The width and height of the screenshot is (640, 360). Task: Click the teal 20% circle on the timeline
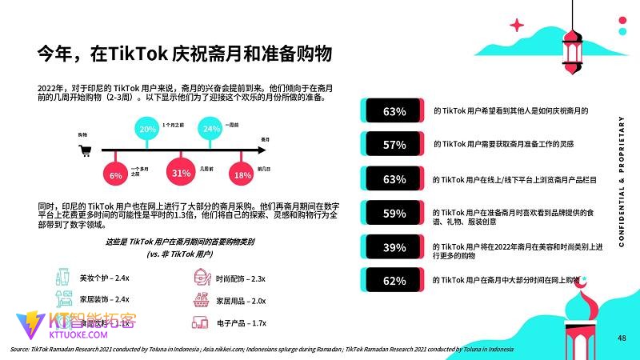148,130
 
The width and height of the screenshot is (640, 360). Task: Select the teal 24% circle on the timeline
211,129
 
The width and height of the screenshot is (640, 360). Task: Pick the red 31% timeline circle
180,173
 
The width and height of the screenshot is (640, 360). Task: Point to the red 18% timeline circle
242,174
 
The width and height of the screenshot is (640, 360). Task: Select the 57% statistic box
394,145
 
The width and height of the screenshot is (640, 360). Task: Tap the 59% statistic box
394,214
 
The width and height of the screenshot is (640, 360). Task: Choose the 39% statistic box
394,247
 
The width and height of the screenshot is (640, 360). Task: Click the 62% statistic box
394,281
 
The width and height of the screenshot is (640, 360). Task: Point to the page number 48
622,338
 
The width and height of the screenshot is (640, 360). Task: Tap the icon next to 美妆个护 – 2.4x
63,278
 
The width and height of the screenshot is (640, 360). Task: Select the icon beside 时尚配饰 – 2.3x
202,278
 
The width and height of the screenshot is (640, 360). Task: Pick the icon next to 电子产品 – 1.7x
202,323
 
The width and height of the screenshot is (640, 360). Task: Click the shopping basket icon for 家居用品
202,300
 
